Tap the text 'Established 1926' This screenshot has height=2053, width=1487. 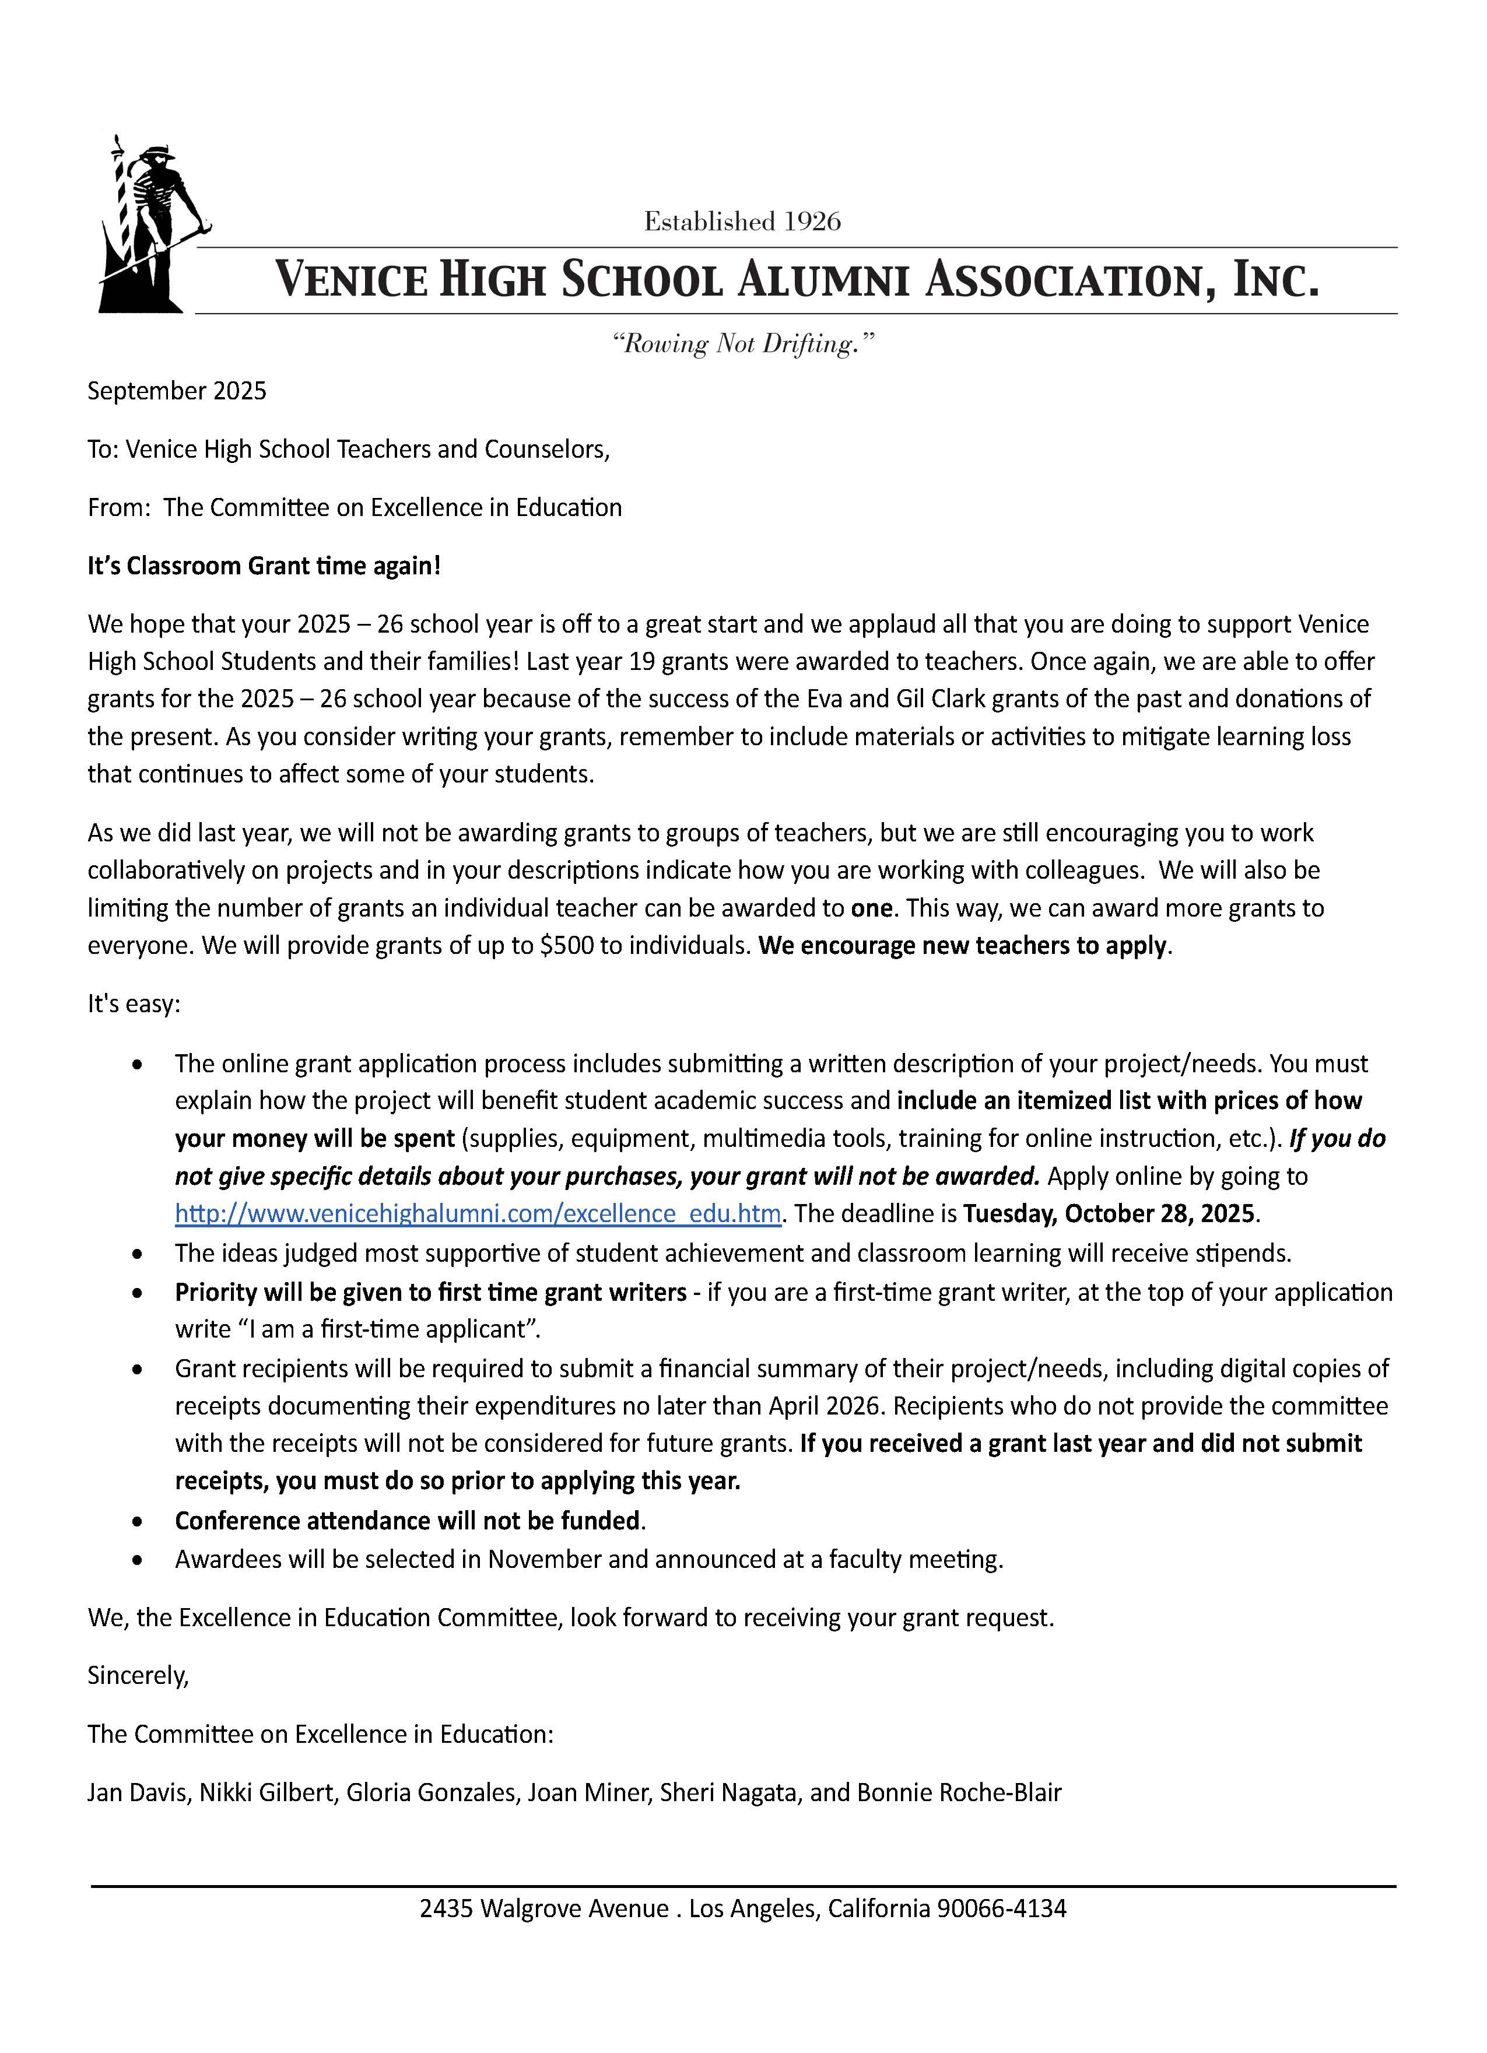pos(742,222)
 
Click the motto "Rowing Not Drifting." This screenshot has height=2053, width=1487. pos(743,344)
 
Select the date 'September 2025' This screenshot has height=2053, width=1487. pos(177,391)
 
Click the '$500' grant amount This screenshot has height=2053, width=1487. pos(567,946)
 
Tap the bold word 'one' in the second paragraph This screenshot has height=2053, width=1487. pos(872,908)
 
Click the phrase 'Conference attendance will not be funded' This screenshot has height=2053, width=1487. pos(407,1521)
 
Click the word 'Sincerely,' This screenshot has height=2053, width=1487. pos(138,1676)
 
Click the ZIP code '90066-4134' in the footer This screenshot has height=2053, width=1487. pos(1002,1909)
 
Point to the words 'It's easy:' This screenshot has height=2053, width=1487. pos(134,1004)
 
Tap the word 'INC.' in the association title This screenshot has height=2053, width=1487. pos(1276,280)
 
